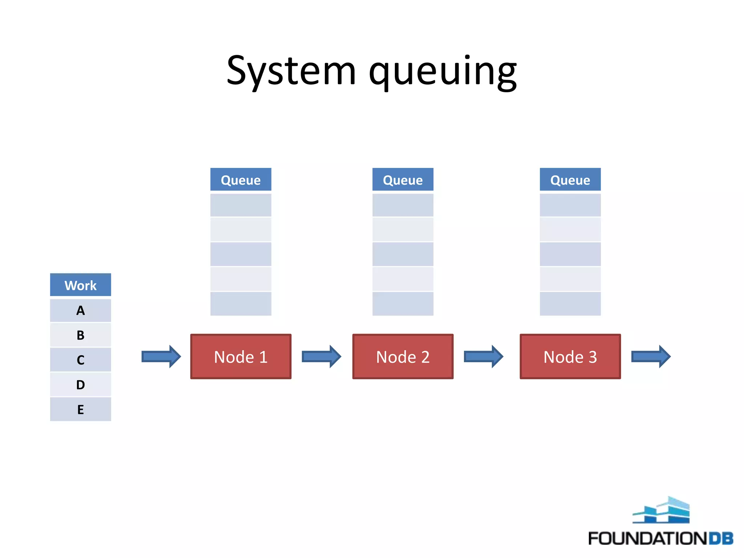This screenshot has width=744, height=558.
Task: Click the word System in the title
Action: click(291, 71)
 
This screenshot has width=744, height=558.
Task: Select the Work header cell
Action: click(80, 285)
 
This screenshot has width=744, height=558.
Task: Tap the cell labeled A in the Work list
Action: click(80, 311)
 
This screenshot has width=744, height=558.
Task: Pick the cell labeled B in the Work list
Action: click(80, 335)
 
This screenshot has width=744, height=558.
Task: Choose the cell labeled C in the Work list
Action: click(80, 360)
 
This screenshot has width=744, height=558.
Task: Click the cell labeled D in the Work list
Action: click(80, 384)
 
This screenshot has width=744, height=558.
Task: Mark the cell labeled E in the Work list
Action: click(80, 409)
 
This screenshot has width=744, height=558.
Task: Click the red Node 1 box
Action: click(240, 357)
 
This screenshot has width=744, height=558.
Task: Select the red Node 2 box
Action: click(403, 357)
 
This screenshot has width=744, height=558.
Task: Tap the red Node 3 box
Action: click(570, 357)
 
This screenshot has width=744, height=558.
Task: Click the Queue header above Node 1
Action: click(240, 180)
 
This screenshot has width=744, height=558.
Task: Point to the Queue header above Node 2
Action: click(403, 180)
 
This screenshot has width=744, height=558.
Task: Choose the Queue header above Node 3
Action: click(570, 180)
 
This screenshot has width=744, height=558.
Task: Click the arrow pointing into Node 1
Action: click(161, 356)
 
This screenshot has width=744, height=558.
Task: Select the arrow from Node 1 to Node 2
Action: click(321, 356)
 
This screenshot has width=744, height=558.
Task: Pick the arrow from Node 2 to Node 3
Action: click(483, 356)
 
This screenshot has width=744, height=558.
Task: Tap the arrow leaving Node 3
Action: click(651, 356)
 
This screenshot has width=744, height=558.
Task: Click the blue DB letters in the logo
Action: click(721, 538)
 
